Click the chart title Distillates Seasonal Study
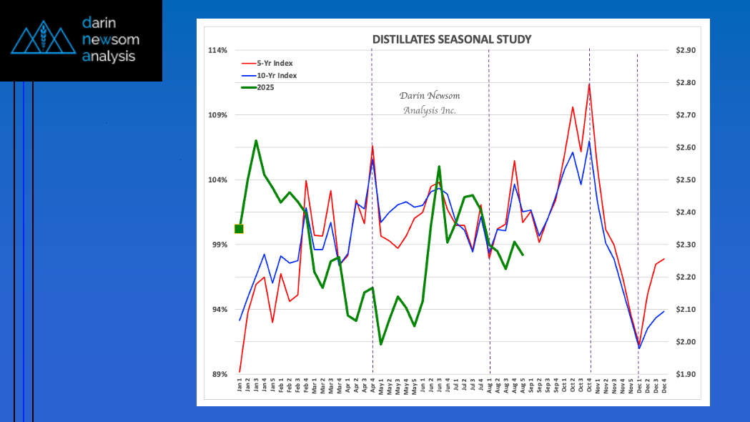pos(453,39)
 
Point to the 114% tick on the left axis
pos(218,50)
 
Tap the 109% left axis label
pos(218,115)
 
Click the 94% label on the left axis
pos(219,309)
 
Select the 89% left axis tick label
pos(219,374)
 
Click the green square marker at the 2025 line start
pos(239,229)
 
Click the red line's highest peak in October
pos(589,84)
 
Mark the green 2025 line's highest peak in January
pos(256,141)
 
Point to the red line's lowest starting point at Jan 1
pos(240,372)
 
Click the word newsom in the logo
pos(110,39)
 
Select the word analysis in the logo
pos(109,56)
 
